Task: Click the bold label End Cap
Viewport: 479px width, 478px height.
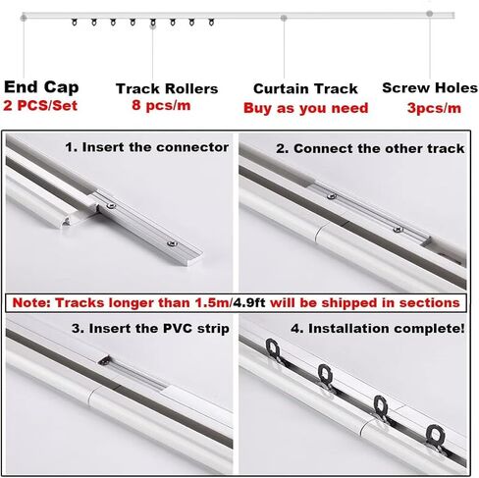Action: click(41, 87)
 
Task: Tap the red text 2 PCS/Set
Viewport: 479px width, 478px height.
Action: click(40, 106)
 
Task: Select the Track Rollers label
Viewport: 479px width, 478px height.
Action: click(167, 88)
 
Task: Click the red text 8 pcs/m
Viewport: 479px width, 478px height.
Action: click(161, 105)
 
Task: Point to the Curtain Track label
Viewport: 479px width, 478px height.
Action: click(305, 88)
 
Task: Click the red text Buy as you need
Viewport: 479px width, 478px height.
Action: click(306, 108)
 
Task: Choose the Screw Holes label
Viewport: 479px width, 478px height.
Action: click(430, 87)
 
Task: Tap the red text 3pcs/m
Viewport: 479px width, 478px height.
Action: click(434, 108)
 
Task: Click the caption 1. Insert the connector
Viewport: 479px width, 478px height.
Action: click(147, 147)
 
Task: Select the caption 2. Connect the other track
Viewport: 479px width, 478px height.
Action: click(370, 148)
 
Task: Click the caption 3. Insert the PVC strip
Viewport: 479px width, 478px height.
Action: click(150, 329)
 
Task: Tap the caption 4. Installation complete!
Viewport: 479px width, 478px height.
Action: click(378, 329)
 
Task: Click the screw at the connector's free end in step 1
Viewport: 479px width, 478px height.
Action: click(172, 243)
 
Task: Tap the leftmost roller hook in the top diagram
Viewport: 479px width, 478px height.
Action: click(75, 23)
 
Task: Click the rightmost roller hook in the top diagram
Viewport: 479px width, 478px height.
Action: click(212, 23)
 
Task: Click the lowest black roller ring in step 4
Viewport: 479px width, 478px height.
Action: click(436, 436)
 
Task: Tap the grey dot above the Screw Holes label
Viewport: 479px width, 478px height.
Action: click(430, 14)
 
